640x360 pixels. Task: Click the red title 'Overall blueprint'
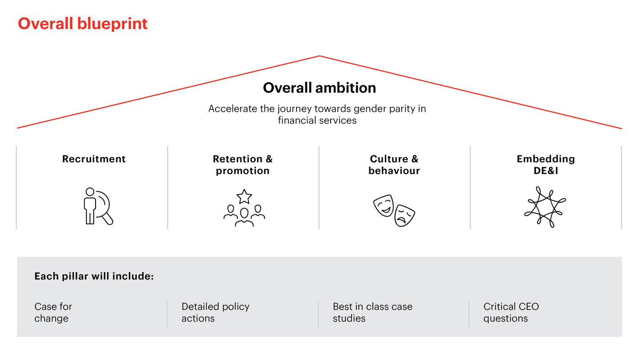click(83, 24)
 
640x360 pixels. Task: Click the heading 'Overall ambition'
click(320, 88)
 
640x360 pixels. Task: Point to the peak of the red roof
click(320, 56)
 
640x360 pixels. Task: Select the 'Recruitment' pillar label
click(94, 159)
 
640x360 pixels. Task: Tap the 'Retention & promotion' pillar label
click(243, 165)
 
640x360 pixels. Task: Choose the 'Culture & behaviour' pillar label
click(394, 165)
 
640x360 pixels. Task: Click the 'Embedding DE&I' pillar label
click(546, 165)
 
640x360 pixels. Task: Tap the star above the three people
click(244, 196)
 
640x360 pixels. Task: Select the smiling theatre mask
click(384, 206)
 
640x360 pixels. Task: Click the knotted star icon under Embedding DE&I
click(545, 207)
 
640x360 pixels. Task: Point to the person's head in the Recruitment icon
click(90, 192)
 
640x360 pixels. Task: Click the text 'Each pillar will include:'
click(94, 276)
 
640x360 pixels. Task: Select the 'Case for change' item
click(53, 312)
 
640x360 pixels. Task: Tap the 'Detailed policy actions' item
click(216, 312)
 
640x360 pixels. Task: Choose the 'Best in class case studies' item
click(372, 312)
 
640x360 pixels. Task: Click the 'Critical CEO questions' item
click(511, 312)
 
